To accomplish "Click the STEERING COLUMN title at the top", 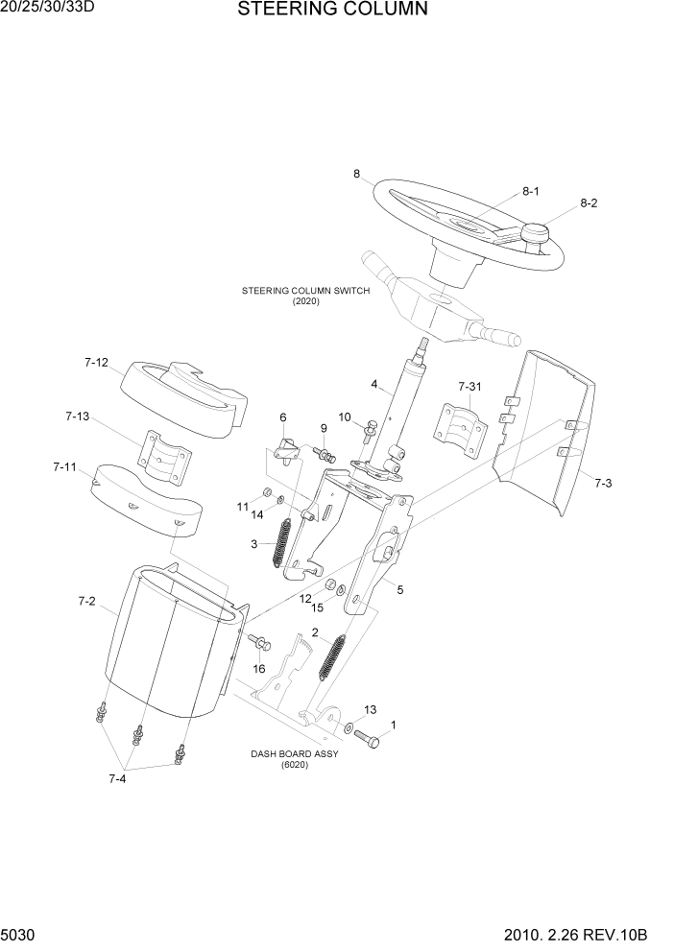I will tap(318, 11).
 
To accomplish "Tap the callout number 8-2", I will tap(589, 203).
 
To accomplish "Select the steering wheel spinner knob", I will tap(534, 233).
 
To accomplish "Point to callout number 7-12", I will tap(96, 363).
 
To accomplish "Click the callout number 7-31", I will tap(469, 386).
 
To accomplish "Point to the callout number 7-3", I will tap(602, 483).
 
